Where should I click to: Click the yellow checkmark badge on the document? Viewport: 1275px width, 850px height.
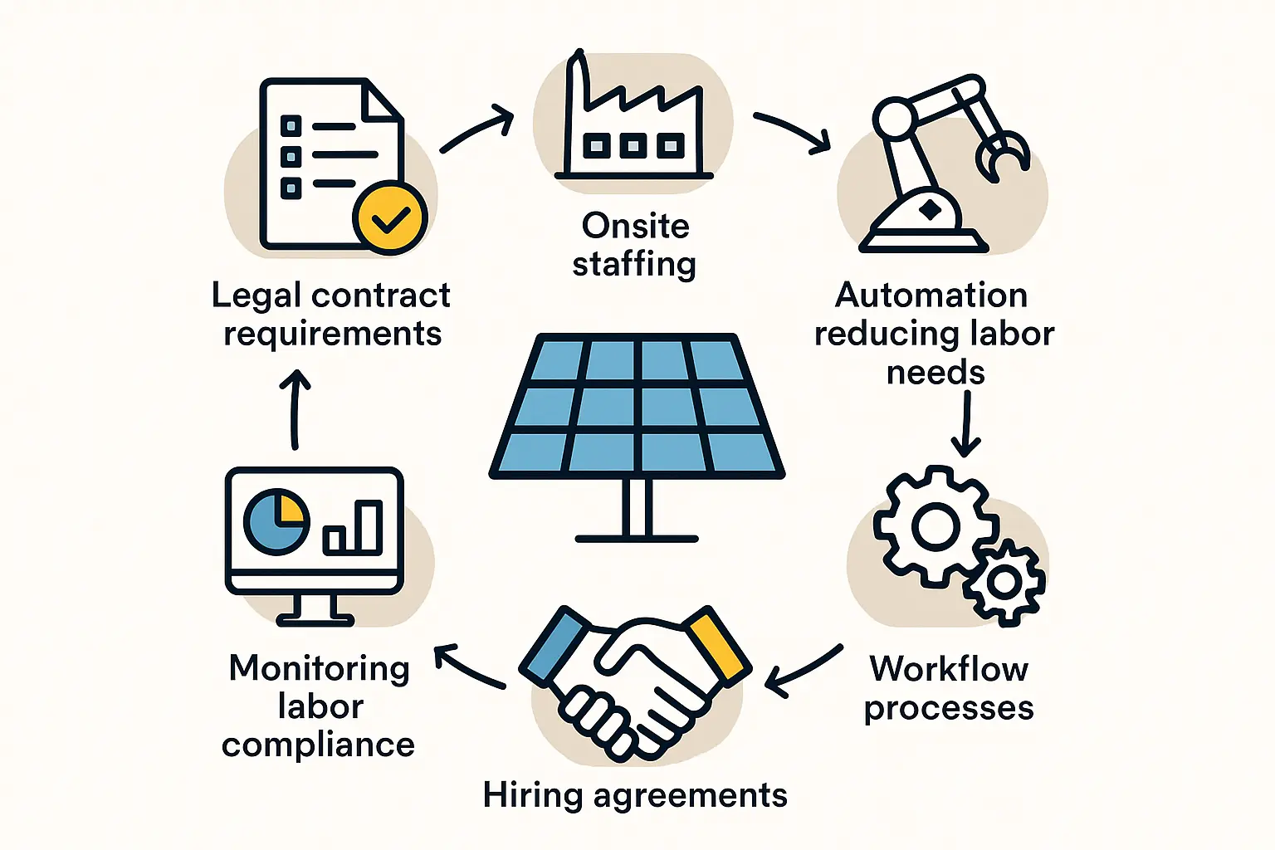click(x=389, y=217)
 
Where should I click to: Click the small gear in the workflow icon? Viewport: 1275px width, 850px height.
click(x=1005, y=582)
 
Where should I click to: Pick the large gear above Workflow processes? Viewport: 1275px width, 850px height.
click(x=935, y=525)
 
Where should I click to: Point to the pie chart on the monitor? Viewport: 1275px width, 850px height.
click(x=276, y=522)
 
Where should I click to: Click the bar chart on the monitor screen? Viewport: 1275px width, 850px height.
click(x=354, y=528)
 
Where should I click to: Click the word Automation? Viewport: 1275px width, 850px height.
click(x=931, y=296)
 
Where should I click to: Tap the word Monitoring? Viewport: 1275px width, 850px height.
click(x=320, y=669)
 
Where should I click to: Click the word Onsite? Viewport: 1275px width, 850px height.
click(x=636, y=226)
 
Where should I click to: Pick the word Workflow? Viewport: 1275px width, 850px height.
click(x=949, y=669)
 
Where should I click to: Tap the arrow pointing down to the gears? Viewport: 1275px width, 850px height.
click(x=965, y=423)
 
